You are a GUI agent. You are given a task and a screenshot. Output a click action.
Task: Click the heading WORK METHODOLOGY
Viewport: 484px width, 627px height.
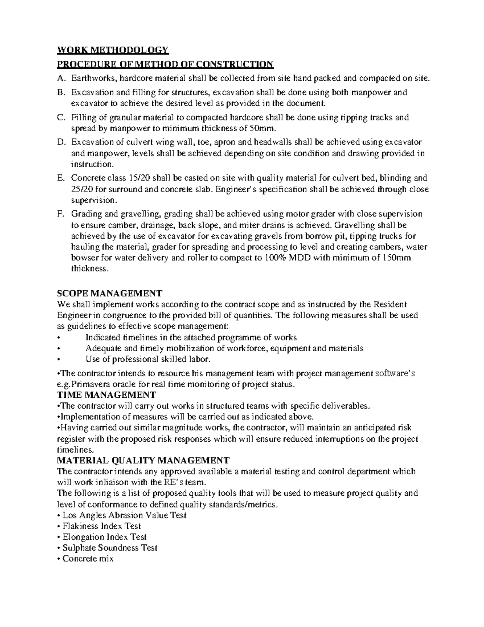click(x=113, y=50)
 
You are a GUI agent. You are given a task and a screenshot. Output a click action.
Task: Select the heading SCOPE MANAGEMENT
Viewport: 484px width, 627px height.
click(x=110, y=293)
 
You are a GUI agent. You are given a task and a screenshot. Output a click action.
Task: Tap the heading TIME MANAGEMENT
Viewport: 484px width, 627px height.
click(x=106, y=394)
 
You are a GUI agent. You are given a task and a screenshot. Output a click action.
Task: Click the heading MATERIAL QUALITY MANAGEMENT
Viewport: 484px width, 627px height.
click(x=144, y=460)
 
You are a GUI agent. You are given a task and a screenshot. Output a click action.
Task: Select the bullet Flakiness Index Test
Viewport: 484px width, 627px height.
click(x=101, y=526)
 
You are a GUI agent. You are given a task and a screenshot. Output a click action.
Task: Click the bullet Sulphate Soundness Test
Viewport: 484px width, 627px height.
click(x=110, y=548)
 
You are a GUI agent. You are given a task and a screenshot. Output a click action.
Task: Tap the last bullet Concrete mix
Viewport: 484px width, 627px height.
click(x=88, y=559)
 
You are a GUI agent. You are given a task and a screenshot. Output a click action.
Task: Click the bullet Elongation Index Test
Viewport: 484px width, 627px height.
click(x=104, y=537)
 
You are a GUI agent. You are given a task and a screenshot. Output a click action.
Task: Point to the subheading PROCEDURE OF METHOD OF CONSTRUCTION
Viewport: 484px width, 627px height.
click(x=165, y=64)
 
